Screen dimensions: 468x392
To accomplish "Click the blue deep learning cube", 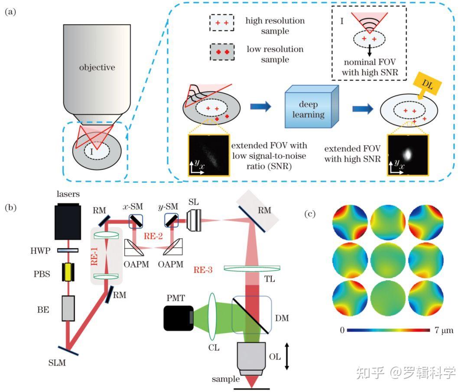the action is (312, 107).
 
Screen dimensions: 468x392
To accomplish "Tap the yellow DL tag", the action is (427, 84).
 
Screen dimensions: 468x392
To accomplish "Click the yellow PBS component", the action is (68, 272).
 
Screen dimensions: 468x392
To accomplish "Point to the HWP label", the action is (40, 251).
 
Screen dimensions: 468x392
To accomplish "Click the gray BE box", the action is (68, 308).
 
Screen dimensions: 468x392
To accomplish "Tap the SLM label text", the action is (57, 363).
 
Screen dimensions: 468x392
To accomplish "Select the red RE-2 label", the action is (153, 236).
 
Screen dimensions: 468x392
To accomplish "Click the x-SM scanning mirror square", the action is (136, 221).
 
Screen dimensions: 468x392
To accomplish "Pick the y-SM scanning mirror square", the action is (171, 220).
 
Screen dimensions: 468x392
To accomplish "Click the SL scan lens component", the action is (194, 220).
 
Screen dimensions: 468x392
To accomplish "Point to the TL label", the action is (270, 279).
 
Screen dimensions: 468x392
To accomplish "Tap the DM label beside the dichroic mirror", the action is (282, 318).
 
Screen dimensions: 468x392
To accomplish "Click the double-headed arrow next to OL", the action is (287, 356).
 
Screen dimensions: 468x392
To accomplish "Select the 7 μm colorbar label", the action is (444, 330).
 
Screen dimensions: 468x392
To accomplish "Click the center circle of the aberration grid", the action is (388, 261).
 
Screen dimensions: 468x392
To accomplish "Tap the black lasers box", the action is (68, 221).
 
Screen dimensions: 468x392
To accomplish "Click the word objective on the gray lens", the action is (97, 68).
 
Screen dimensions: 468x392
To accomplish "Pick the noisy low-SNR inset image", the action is (208, 155).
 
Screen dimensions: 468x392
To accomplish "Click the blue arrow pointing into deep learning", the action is (260, 106).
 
